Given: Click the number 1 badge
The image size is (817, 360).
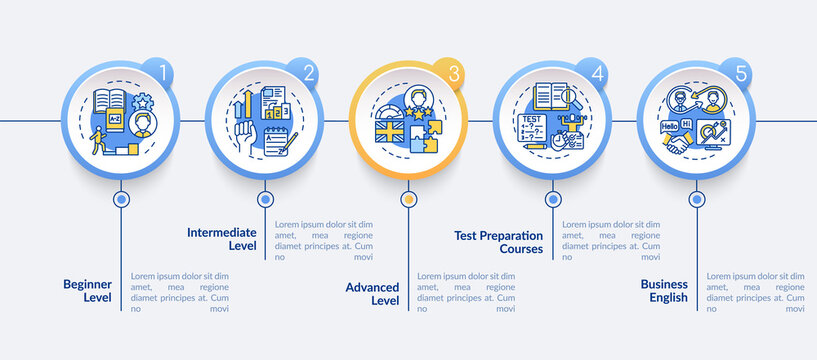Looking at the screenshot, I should [x=165, y=73].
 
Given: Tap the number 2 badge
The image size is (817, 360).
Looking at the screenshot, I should [x=308, y=73].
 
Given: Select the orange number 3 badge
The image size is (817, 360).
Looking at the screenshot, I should [x=452, y=73].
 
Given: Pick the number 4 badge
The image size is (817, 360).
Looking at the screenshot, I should [x=596, y=73].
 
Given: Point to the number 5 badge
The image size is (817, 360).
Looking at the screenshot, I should [x=740, y=73].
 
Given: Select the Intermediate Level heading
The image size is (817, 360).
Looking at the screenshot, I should [x=222, y=239].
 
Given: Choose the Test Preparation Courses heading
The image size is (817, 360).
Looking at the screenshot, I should [x=498, y=241].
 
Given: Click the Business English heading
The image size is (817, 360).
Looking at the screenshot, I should [x=665, y=290].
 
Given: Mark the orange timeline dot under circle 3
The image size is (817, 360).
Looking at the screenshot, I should [x=408, y=199].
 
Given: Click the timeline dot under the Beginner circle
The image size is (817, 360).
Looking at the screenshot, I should [x=121, y=199].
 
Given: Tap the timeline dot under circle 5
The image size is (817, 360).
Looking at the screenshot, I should [x=695, y=199].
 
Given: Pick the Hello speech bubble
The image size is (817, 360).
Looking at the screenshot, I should [x=673, y=127].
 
